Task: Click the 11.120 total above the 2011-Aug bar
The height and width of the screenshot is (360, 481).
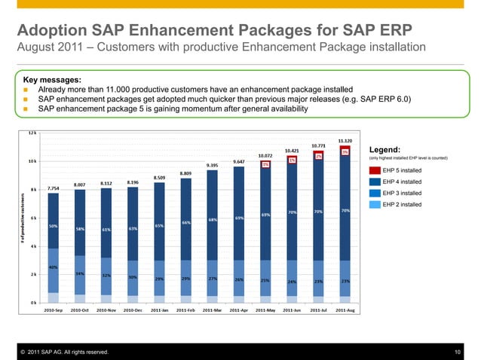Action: pyautogui.click(x=345, y=141)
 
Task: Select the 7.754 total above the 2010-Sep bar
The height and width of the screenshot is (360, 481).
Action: pyautogui.click(x=54, y=188)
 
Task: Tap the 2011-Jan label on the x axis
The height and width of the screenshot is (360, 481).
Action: pyautogui.click(x=159, y=310)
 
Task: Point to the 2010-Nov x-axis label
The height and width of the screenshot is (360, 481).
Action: pyautogui.click(x=106, y=310)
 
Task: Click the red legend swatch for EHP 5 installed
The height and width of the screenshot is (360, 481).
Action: pyautogui.click(x=375, y=170)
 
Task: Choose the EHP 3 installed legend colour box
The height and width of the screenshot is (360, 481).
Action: pyautogui.click(x=375, y=193)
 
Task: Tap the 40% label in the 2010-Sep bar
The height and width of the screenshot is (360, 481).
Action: pyautogui.click(x=54, y=267)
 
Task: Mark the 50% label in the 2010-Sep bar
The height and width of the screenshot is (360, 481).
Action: pyautogui.click(x=54, y=226)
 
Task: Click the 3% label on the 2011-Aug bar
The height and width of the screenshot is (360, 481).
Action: pyautogui.click(x=345, y=152)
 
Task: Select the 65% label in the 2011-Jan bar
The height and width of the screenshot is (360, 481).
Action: pyautogui.click(x=159, y=226)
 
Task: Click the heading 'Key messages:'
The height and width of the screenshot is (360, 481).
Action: pyautogui.click(x=54, y=78)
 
